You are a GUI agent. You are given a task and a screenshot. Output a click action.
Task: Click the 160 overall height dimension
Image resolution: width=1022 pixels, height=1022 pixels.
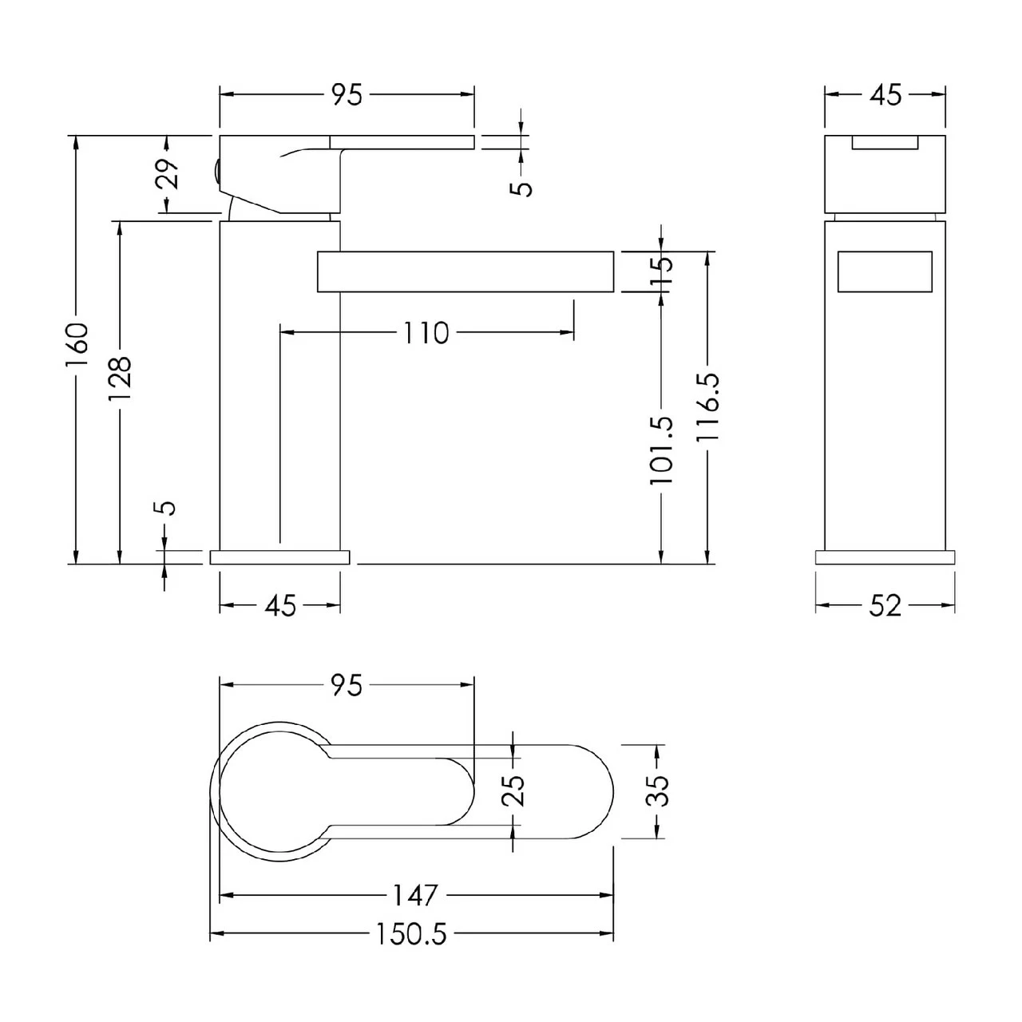coord(77,345)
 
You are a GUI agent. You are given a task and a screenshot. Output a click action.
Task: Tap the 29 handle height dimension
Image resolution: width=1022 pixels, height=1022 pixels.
coord(167,173)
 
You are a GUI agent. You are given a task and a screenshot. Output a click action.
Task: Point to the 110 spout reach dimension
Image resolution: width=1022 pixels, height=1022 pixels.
coord(426,333)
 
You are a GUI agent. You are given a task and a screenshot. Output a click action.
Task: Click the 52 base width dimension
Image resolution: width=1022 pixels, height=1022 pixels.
coord(885,606)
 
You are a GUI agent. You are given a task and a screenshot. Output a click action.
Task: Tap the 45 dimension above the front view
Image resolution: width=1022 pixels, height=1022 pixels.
coord(885,95)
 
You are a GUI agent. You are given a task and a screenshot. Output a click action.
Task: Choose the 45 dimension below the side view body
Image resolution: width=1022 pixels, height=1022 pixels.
coord(280,606)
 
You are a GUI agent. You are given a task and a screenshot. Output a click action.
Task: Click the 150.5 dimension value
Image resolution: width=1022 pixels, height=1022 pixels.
coord(412,934)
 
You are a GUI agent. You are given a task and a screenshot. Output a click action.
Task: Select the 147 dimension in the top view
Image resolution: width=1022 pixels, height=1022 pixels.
coord(416,895)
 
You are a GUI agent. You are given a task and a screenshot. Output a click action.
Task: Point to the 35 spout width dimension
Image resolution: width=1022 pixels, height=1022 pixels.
coord(660,791)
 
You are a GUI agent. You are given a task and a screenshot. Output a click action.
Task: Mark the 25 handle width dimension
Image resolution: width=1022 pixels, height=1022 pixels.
coord(517,791)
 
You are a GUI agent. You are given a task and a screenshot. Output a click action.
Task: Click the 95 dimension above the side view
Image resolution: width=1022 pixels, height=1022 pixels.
coord(347,95)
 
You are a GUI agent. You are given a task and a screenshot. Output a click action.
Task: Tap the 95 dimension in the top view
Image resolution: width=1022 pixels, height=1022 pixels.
coord(347,685)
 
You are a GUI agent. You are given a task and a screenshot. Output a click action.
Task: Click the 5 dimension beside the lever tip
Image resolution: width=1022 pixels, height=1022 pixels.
coord(523,187)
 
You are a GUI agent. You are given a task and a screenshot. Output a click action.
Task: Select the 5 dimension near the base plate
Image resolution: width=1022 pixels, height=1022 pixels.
coord(167,509)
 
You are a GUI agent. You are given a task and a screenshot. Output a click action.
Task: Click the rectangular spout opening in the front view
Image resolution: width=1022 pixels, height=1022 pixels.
coord(885,272)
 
